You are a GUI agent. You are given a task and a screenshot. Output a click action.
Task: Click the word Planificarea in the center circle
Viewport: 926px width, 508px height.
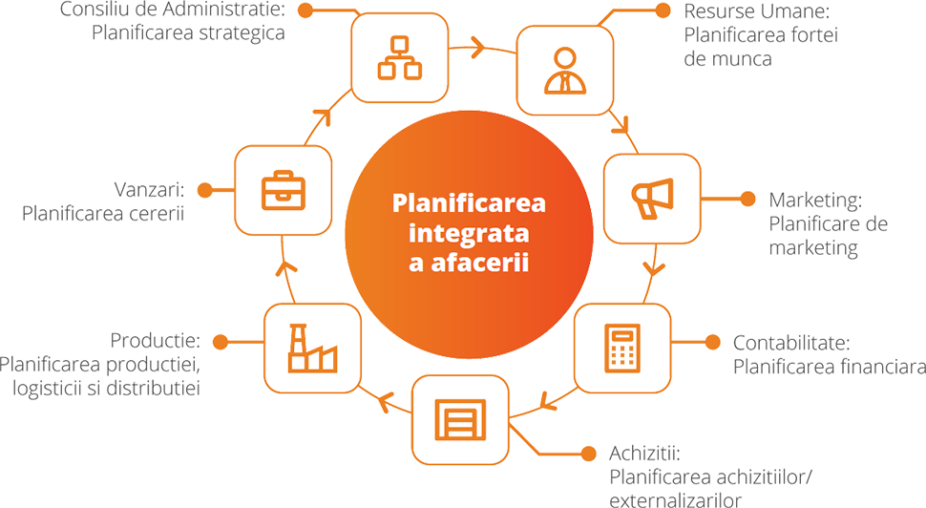pyautogui.click(x=462, y=204)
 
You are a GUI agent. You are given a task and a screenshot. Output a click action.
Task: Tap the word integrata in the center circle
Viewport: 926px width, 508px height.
pyautogui.click(x=462, y=233)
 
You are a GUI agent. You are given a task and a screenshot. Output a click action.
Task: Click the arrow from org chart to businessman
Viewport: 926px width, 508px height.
pyautogui.click(x=471, y=47)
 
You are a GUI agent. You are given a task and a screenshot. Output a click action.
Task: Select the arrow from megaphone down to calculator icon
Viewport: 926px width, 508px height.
pyautogui.click(x=652, y=260)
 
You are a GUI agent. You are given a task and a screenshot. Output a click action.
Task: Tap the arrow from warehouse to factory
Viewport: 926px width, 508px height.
pyautogui.click(x=389, y=399)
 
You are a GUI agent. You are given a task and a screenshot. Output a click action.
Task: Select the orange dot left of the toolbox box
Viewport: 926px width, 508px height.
pyautogui.click(x=203, y=191)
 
